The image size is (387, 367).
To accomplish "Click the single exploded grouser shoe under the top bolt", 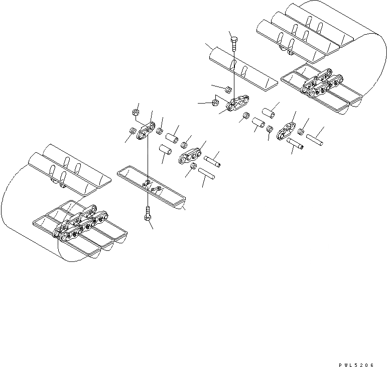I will [x=243, y=68].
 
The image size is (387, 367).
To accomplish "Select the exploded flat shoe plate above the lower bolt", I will [x=151, y=187].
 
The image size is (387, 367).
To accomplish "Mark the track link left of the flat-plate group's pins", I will [x=191, y=155].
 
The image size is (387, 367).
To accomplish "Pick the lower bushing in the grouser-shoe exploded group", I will [x=259, y=123].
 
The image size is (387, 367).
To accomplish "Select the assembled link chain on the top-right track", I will [x=321, y=86].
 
